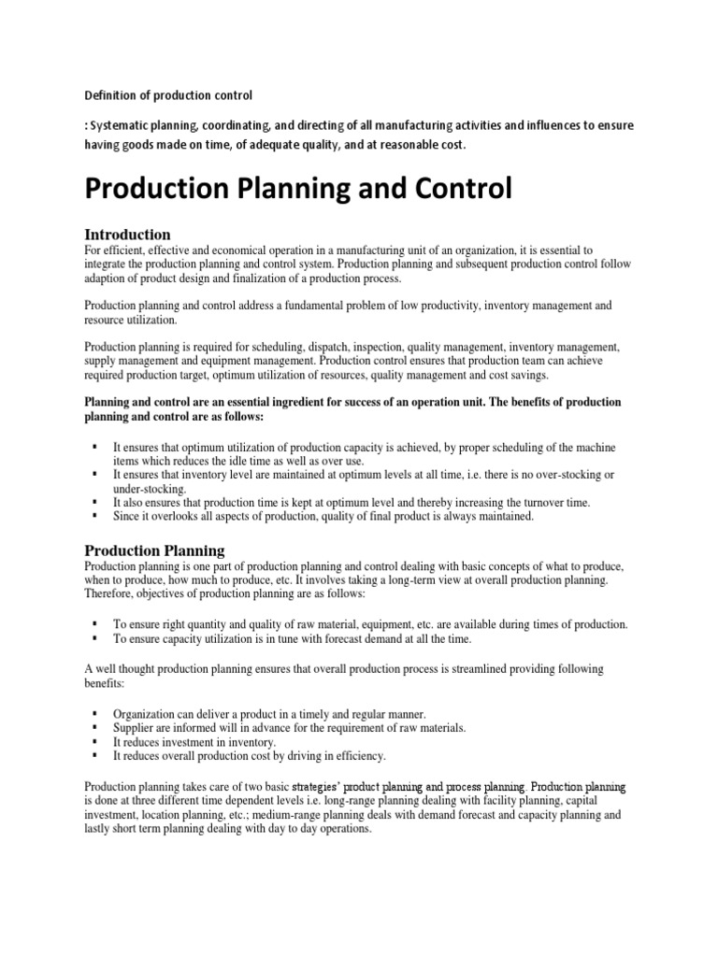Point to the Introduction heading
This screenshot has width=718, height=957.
pyautogui.click(x=127, y=234)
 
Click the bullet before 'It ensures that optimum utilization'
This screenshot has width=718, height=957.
pyautogui.click(x=95, y=448)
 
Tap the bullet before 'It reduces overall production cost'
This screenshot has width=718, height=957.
pyautogui.click(x=95, y=754)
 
